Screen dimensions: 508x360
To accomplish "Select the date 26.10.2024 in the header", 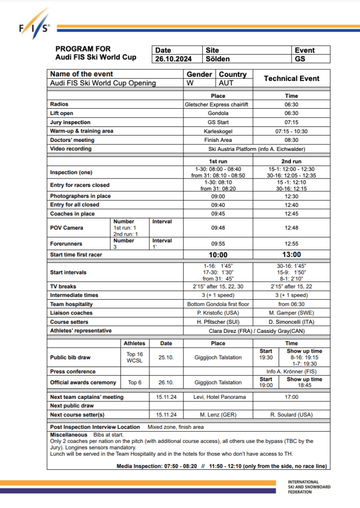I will (x=172, y=59).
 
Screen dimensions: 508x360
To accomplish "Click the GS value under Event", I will (x=300, y=59).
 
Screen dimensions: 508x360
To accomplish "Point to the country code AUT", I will (x=226, y=83).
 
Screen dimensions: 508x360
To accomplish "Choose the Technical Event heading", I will (x=292, y=78).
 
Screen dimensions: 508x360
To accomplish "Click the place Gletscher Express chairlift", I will (x=218, y=105).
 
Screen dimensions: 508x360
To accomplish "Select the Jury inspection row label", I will (x=70, y=123).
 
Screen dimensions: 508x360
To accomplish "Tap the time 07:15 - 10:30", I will (x=292, y=131).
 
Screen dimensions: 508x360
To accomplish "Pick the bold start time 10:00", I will (x=218, y=254).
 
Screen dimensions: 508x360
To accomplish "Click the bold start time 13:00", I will (x=292, y=254).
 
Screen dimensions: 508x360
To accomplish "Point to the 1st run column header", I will (x=218, y=162).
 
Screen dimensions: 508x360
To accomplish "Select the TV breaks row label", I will (x=63, y=287).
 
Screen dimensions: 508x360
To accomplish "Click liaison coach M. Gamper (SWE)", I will (x=292, y=313).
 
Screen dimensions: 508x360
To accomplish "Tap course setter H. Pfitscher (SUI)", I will (x=218, y=322).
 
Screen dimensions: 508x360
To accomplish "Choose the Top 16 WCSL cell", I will (x=134, y=357).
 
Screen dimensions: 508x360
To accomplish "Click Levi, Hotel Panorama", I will (x=218, y=397).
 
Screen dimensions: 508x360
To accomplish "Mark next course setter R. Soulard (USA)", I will (x=292, y=415).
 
